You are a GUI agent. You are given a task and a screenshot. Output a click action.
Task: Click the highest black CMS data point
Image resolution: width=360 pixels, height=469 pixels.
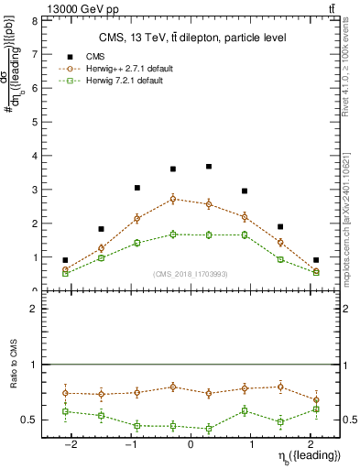[209, 167]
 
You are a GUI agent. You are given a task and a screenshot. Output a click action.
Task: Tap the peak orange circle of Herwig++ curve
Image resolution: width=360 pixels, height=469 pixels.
[173, 199]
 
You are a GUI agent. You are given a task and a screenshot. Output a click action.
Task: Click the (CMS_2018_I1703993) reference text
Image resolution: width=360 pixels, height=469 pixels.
[191, 274]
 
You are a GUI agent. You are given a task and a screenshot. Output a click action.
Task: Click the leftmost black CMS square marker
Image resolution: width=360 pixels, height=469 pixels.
[65, 260]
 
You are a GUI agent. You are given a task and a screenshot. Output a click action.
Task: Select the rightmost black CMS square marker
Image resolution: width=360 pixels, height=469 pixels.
[316, 260]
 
